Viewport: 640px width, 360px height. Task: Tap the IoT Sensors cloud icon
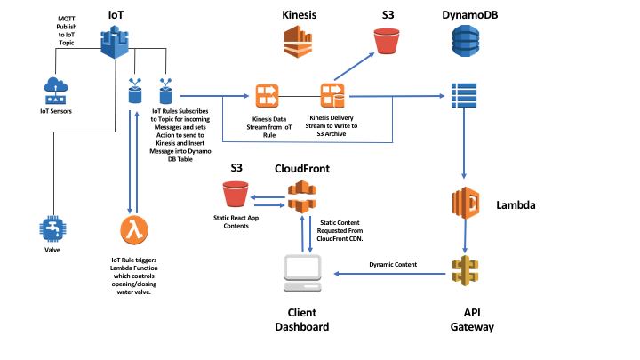[55, 90]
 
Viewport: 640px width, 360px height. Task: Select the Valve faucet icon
[55, 228]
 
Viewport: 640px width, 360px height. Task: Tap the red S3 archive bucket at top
[387, 42]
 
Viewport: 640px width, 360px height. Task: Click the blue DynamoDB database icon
[464, 42]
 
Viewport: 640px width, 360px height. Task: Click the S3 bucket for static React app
[236, 194]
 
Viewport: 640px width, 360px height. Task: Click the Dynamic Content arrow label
[395, 264]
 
